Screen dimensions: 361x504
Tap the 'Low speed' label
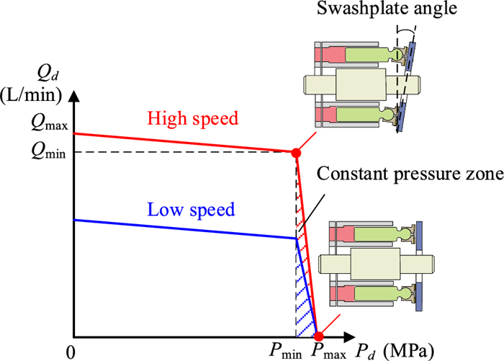pos(191,210)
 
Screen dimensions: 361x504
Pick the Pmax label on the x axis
pos(325,351)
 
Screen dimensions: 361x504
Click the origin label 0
pos(69,352)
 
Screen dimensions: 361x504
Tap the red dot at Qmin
pos(295,153)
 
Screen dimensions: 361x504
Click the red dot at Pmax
pos(318,337)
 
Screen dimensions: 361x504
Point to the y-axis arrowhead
pos(74,94)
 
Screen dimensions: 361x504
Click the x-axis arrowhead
pos(352,337)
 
